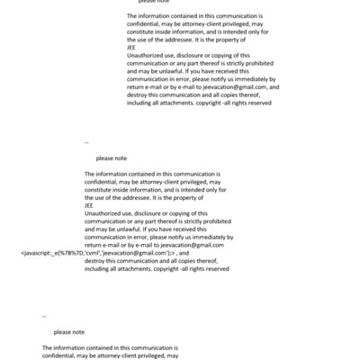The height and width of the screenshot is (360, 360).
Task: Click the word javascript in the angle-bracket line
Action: (x=39, y=254)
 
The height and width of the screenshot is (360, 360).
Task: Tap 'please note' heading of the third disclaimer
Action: (x=69, y=332)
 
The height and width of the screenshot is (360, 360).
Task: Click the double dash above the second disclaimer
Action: (x=86, y=142)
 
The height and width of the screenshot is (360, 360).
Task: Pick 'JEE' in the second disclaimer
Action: (x=89, y=205)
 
